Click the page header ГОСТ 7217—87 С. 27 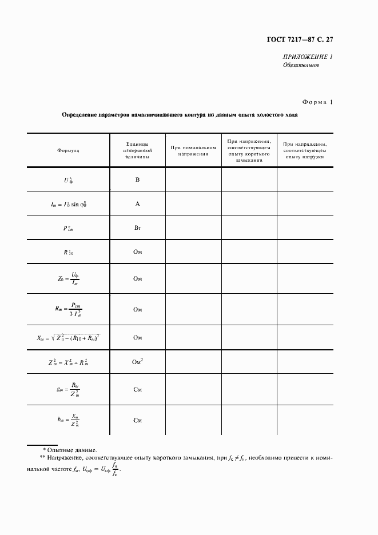click(300, 39)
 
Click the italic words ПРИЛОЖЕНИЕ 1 click(308, 57)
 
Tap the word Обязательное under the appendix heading click(301, 65)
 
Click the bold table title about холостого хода click(180, 115)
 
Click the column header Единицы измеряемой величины click(137, 150)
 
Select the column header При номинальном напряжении click(193, 150)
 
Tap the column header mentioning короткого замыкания click(249, 150)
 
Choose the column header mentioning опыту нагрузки click(305, 150)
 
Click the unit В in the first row click(137, 179)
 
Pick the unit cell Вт click(137, 228)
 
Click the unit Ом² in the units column click(137, 361)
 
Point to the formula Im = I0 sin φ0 click(68, 203)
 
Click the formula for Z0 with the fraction click(68, 278)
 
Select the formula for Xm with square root click(68, 337)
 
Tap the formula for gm click(68, 389)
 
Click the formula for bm click(68, 420)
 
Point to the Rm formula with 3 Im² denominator click(68, 309)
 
